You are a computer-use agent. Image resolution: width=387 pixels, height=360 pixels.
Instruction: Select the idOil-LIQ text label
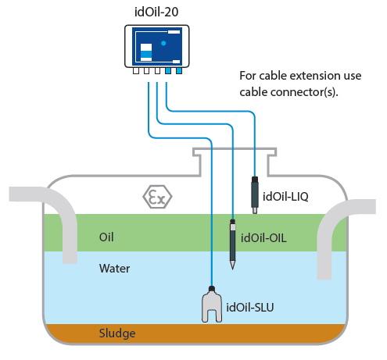pos(286,196)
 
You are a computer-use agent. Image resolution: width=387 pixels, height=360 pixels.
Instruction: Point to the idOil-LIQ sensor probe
pos(255,193)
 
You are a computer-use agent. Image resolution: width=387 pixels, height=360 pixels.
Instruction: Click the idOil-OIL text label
pos(264,238)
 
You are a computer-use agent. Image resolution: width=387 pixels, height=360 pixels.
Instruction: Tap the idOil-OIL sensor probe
pos(232,243)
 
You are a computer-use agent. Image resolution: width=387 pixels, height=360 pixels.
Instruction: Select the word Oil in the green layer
pos(108,237)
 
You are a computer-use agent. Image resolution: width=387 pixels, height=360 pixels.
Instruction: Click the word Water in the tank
pos(114,269)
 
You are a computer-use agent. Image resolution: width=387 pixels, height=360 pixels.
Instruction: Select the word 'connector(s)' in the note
pos(305,92)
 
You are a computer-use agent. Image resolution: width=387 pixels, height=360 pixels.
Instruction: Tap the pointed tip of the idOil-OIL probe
pos(232,267)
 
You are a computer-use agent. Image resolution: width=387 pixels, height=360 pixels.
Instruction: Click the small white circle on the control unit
pos(163,43)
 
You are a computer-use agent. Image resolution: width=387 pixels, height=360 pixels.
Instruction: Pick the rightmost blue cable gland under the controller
pos(178,71)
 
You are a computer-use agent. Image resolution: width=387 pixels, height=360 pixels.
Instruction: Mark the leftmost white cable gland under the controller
pos(135,71)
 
